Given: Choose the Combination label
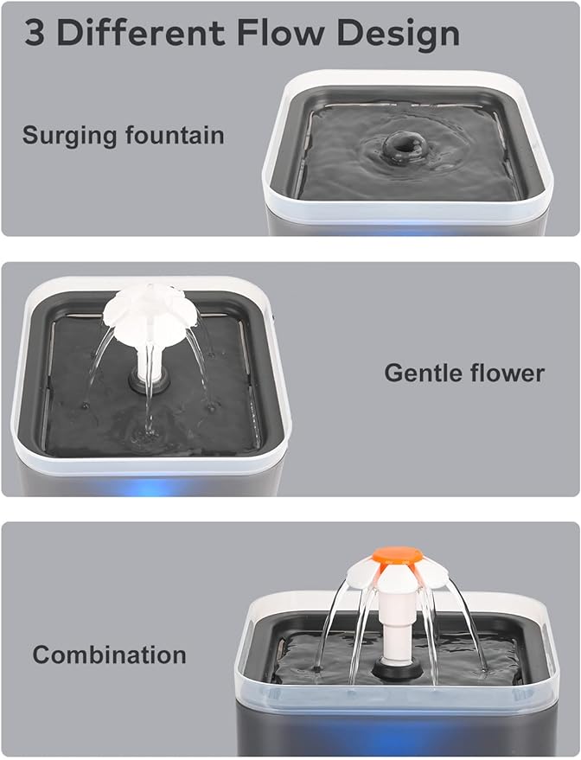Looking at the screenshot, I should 109,655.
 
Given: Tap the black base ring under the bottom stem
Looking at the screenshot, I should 398,667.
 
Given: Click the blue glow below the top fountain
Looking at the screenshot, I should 406,230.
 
